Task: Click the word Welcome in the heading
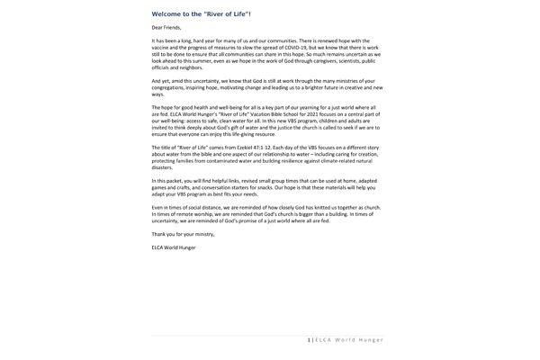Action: coord(168,14)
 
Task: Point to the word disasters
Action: coord(162,166)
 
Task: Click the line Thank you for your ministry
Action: coord(184,233)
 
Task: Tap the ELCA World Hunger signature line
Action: coord(173,247)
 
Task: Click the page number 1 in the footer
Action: coord(309,339)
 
